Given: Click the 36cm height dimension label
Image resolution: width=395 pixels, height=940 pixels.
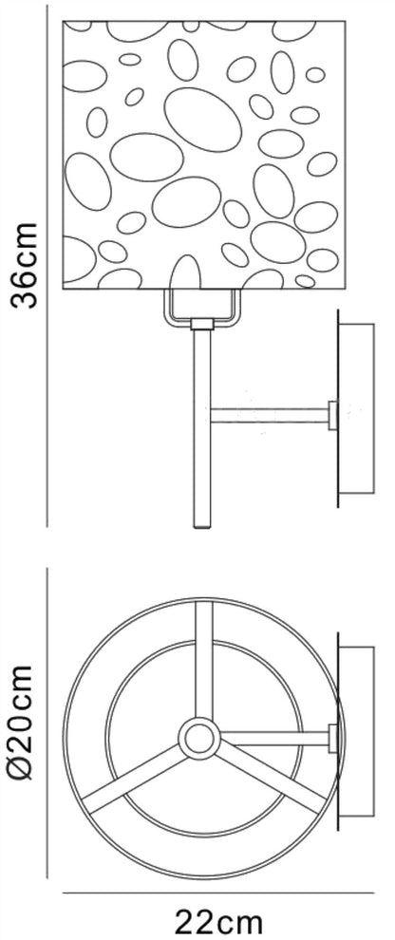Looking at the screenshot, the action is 26,264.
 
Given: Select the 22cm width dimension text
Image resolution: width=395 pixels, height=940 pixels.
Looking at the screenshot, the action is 218,922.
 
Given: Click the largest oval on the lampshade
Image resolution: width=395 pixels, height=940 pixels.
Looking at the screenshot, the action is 202,120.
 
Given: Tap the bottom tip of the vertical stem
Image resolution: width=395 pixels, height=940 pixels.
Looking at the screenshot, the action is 202,527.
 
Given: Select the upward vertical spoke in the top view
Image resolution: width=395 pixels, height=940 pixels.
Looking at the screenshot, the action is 204,661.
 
